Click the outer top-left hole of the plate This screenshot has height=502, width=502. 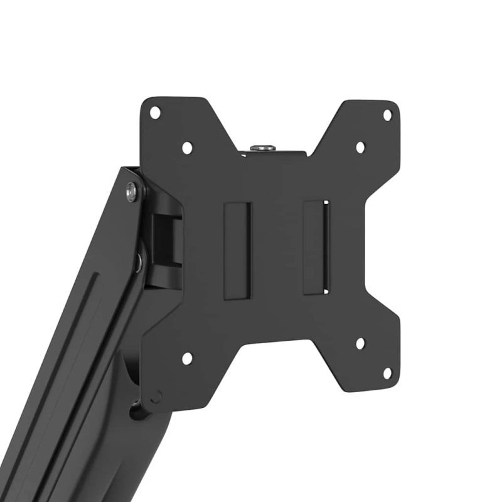click(x=155, y=113)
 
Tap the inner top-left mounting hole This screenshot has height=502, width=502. click(x=187, y=148)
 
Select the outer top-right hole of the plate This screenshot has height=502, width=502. click(x=387, y=115)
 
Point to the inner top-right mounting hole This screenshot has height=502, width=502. click(x=360, y=147)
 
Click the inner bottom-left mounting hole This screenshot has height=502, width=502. click(x=187, y=358)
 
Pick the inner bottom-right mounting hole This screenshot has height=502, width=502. click(x=360, y=343)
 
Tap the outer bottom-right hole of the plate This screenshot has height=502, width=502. click(x=387, y=373)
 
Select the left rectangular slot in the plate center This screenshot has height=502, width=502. click(x=238, y=250)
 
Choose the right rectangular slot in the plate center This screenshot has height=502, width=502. click(x=316, y=247)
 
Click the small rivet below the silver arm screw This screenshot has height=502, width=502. click(x=139, y=260)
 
